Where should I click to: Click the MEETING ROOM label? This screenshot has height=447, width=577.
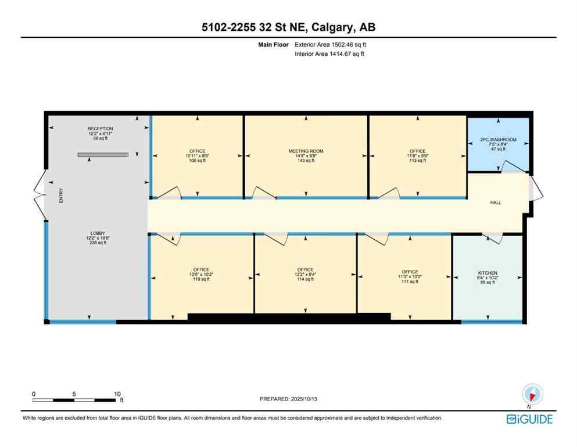(306, 151)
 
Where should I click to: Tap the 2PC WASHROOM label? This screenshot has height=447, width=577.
(498, 140)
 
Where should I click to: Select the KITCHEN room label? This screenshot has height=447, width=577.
(488, 272)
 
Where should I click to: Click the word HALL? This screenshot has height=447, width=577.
(494, 203)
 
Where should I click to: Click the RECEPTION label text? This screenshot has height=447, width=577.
(100, 129)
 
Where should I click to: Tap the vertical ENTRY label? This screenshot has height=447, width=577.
(60, 198)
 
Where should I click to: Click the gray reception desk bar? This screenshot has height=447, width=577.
(103, 155)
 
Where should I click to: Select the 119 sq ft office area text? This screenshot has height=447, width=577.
(201, 279)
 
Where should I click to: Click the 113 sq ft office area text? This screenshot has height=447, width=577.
(417, 161)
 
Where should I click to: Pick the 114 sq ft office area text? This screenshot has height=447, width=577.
(305, 279)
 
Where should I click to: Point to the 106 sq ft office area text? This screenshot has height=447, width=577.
(198, 161)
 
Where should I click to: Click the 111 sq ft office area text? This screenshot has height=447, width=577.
(410, 282)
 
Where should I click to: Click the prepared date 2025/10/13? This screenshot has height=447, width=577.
(288, 399)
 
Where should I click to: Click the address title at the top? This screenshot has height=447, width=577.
(288, 27)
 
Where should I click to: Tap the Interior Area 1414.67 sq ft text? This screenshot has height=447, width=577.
(330, 54)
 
